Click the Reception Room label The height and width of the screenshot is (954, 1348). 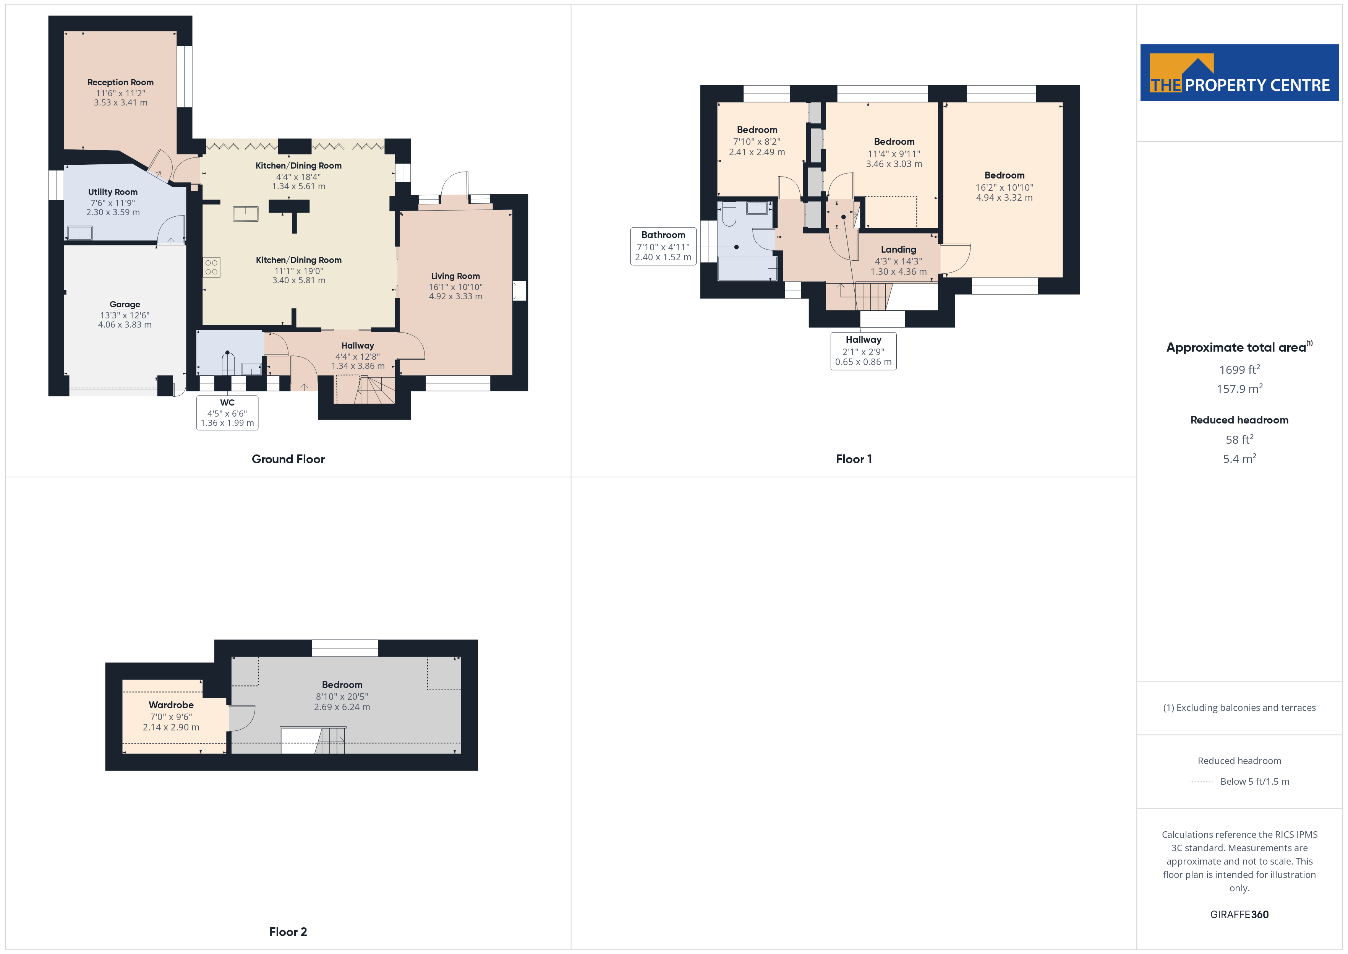pos(120,82)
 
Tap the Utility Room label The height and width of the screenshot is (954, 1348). pos(113,192)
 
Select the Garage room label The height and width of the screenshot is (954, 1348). pos(125,304)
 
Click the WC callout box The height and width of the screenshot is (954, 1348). pos(227,412)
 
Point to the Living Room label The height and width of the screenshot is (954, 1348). pos(455,276)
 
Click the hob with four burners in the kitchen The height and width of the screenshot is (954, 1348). pos(211,267)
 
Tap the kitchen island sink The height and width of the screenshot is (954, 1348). pos(245,213)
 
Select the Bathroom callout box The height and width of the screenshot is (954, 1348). pos(663,246)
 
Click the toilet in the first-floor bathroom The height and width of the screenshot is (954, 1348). pos(729,214)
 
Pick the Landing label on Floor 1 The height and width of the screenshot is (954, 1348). pos(898,250)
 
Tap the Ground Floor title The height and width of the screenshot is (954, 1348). pos(288,459)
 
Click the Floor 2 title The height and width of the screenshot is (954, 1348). pos(288,932)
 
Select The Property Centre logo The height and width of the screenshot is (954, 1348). pos(1239,73)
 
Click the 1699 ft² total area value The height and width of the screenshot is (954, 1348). pos(1239,370)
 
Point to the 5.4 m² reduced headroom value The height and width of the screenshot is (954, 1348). pos(1239,459)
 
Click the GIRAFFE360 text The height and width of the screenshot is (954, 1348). pos(1239,915)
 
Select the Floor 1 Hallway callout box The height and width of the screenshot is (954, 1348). pos(864,351)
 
